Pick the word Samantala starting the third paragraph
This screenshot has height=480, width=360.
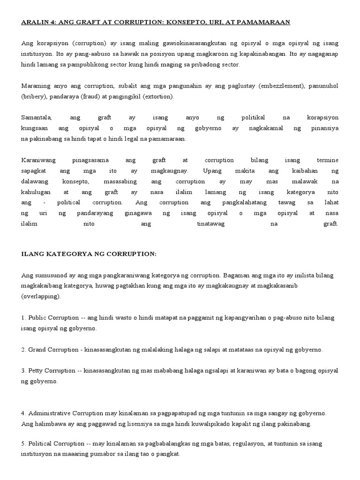pos(37,118)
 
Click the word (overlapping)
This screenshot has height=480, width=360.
pos(40,297)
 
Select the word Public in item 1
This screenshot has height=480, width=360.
pos(38,318)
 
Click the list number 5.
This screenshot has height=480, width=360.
pos(23,444)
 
